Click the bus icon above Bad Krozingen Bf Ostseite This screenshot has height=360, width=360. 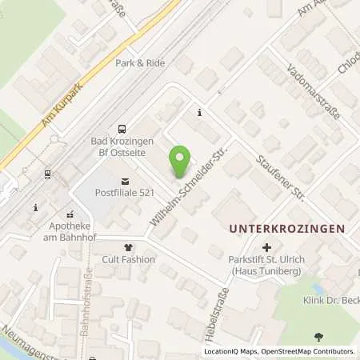pos(121,128)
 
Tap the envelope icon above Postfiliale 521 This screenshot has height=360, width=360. pos(124,181)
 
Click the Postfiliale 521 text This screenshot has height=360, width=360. pos(124,193)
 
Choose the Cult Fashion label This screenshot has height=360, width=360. pos(127,260)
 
